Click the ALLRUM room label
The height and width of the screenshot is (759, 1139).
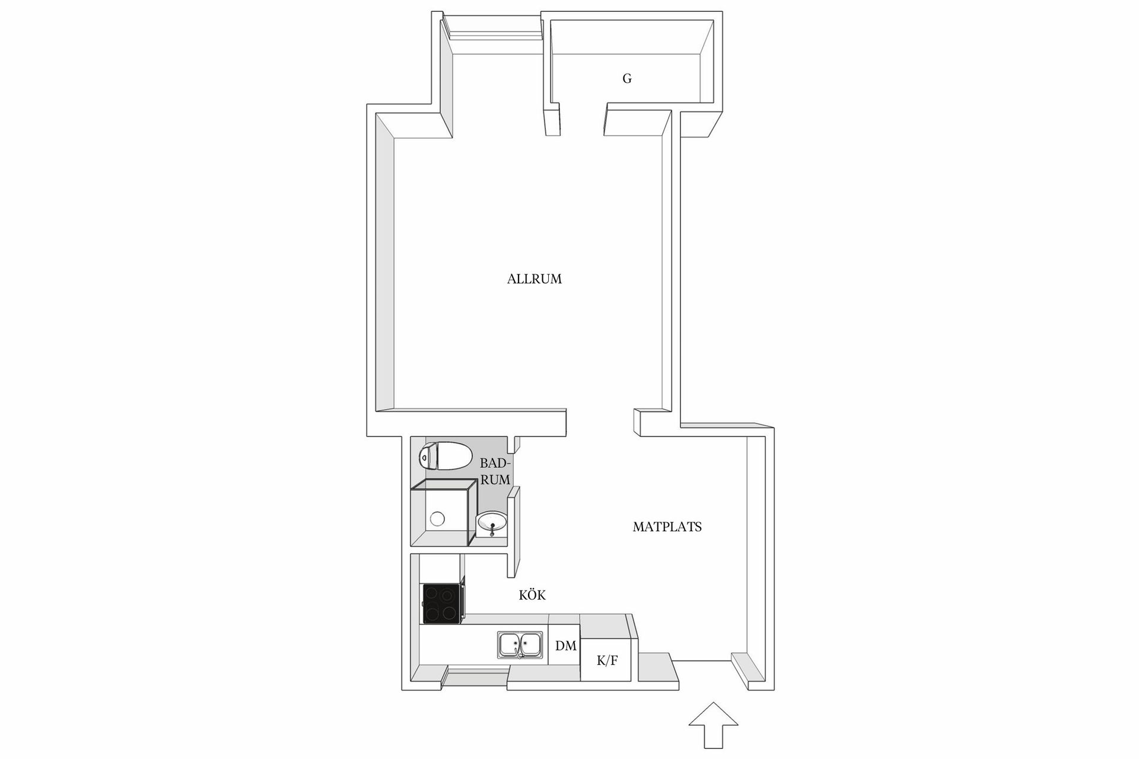(x=534, y=279)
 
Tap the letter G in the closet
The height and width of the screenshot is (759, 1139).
(x=626, y=78)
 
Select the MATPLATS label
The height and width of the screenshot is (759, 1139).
(x=667, y=527)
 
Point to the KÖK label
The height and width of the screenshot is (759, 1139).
(x=532, y=595)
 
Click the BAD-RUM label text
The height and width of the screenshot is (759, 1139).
(x=495, y=471)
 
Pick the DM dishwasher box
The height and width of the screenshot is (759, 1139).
(x=565, y=646)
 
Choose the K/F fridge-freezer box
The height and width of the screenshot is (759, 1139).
(x=606, y=660)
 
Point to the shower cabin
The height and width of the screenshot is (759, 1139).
(x=443, y=514)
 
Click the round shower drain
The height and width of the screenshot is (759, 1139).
(x=437, y=519)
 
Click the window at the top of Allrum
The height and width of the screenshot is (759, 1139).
(x=495, y=28)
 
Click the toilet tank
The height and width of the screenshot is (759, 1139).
(x=427, y=456)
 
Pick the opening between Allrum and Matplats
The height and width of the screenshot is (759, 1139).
(x=600, y=423)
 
